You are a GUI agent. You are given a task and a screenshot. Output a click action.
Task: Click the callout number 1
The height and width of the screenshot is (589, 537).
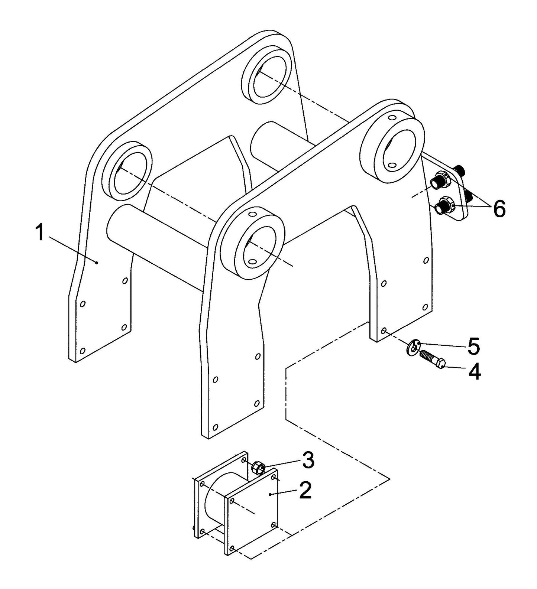coord(39,233)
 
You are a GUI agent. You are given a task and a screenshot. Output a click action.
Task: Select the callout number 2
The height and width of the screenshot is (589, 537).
coord(305,490)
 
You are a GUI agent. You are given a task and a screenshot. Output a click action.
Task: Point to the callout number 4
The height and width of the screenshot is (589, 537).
coord(474,371)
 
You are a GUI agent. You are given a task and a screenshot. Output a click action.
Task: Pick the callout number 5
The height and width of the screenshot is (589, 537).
coord(473,346)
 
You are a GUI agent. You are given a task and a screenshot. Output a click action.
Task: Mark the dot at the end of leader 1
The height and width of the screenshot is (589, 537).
coord(97,263)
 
